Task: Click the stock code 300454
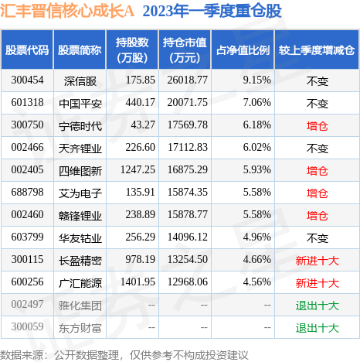click(x=27, y=80)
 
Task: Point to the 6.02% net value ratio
click(x=256, y=146)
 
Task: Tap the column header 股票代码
click(x=27, y=50)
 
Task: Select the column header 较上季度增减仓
click(x=317, y=50)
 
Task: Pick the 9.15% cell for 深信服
click(x=256, y=80)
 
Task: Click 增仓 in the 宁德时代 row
click(x=317, y=124)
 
